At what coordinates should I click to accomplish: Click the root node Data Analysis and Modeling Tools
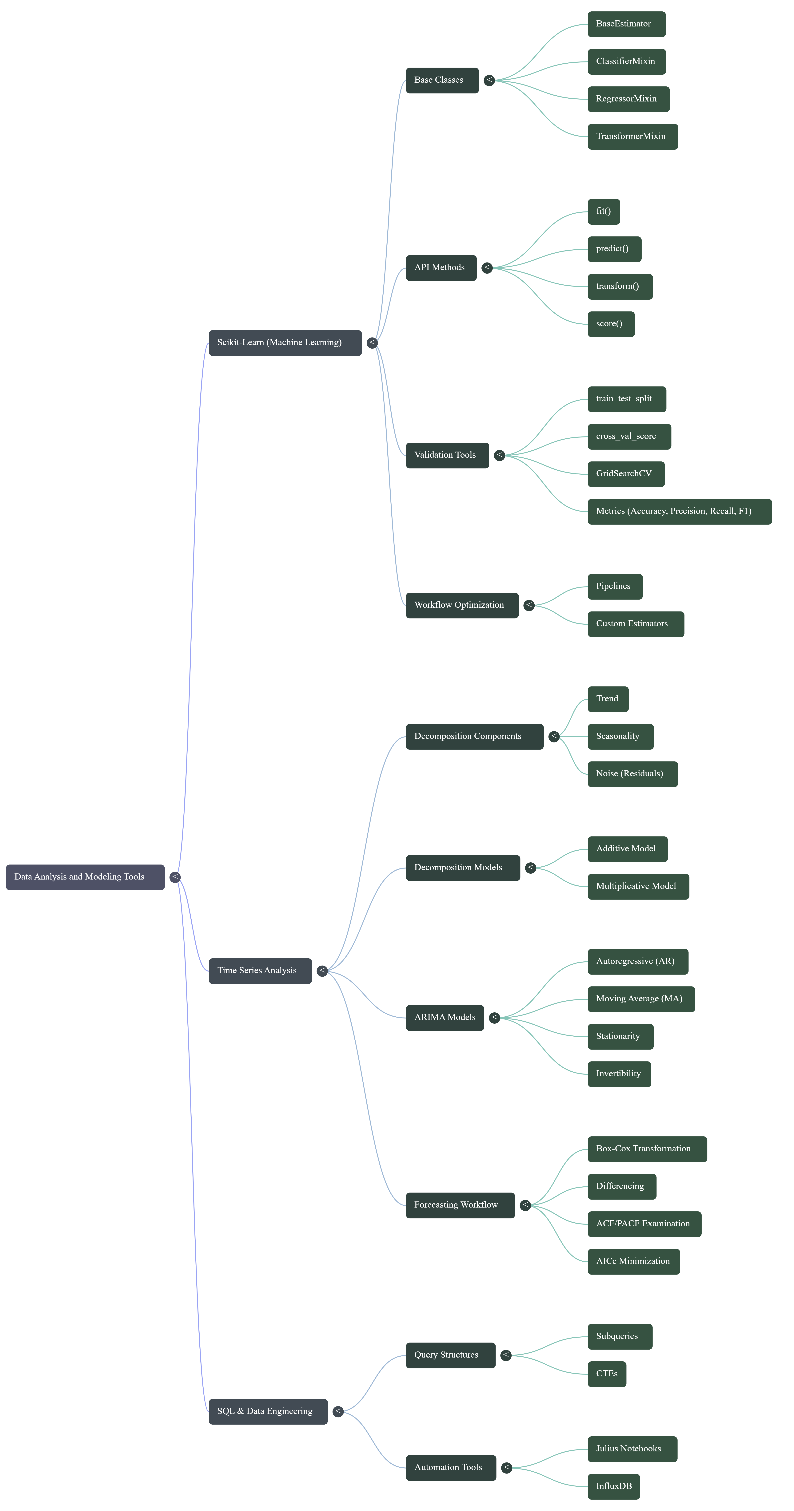(x=85, y=877)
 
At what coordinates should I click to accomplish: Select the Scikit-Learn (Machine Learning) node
(x=285, y=342)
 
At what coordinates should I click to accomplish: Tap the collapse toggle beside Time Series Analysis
(x=322, y=971)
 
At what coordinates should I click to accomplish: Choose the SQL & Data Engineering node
(x=268, y=1411)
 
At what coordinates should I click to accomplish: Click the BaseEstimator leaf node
(x=626, y=24)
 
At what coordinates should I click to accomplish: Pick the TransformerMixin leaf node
(x=632, y=137)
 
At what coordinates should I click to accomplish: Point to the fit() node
(x=603, y=211)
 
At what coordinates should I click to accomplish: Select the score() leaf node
(x=610, y=324)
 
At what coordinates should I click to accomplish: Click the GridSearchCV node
(x=626, y=474)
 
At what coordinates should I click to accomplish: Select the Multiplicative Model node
(x=638, y=886)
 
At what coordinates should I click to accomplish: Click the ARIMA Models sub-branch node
(x=444, y=1018)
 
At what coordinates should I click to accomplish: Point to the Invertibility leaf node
(x=619, y=1074)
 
